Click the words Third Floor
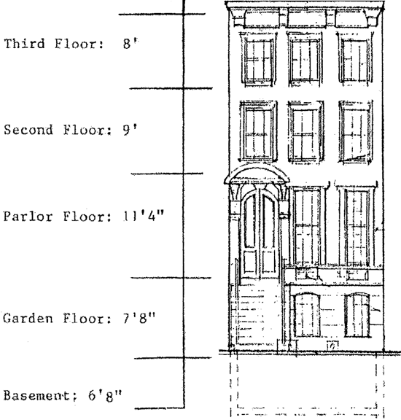coord(54,44)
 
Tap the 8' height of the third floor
coord(131,44)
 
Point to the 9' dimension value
coord(131,131)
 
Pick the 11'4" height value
coord(144,217)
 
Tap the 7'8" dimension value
coord(139,319)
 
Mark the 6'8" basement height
coord(105,396)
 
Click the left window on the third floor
coord(258,60)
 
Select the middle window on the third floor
coord(305,59)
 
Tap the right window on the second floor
coord(356,132)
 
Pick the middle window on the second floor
coord(305,132)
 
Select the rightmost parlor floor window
coord(356,226)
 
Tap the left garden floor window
coord(307,316)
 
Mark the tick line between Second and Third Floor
coord(171,88)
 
